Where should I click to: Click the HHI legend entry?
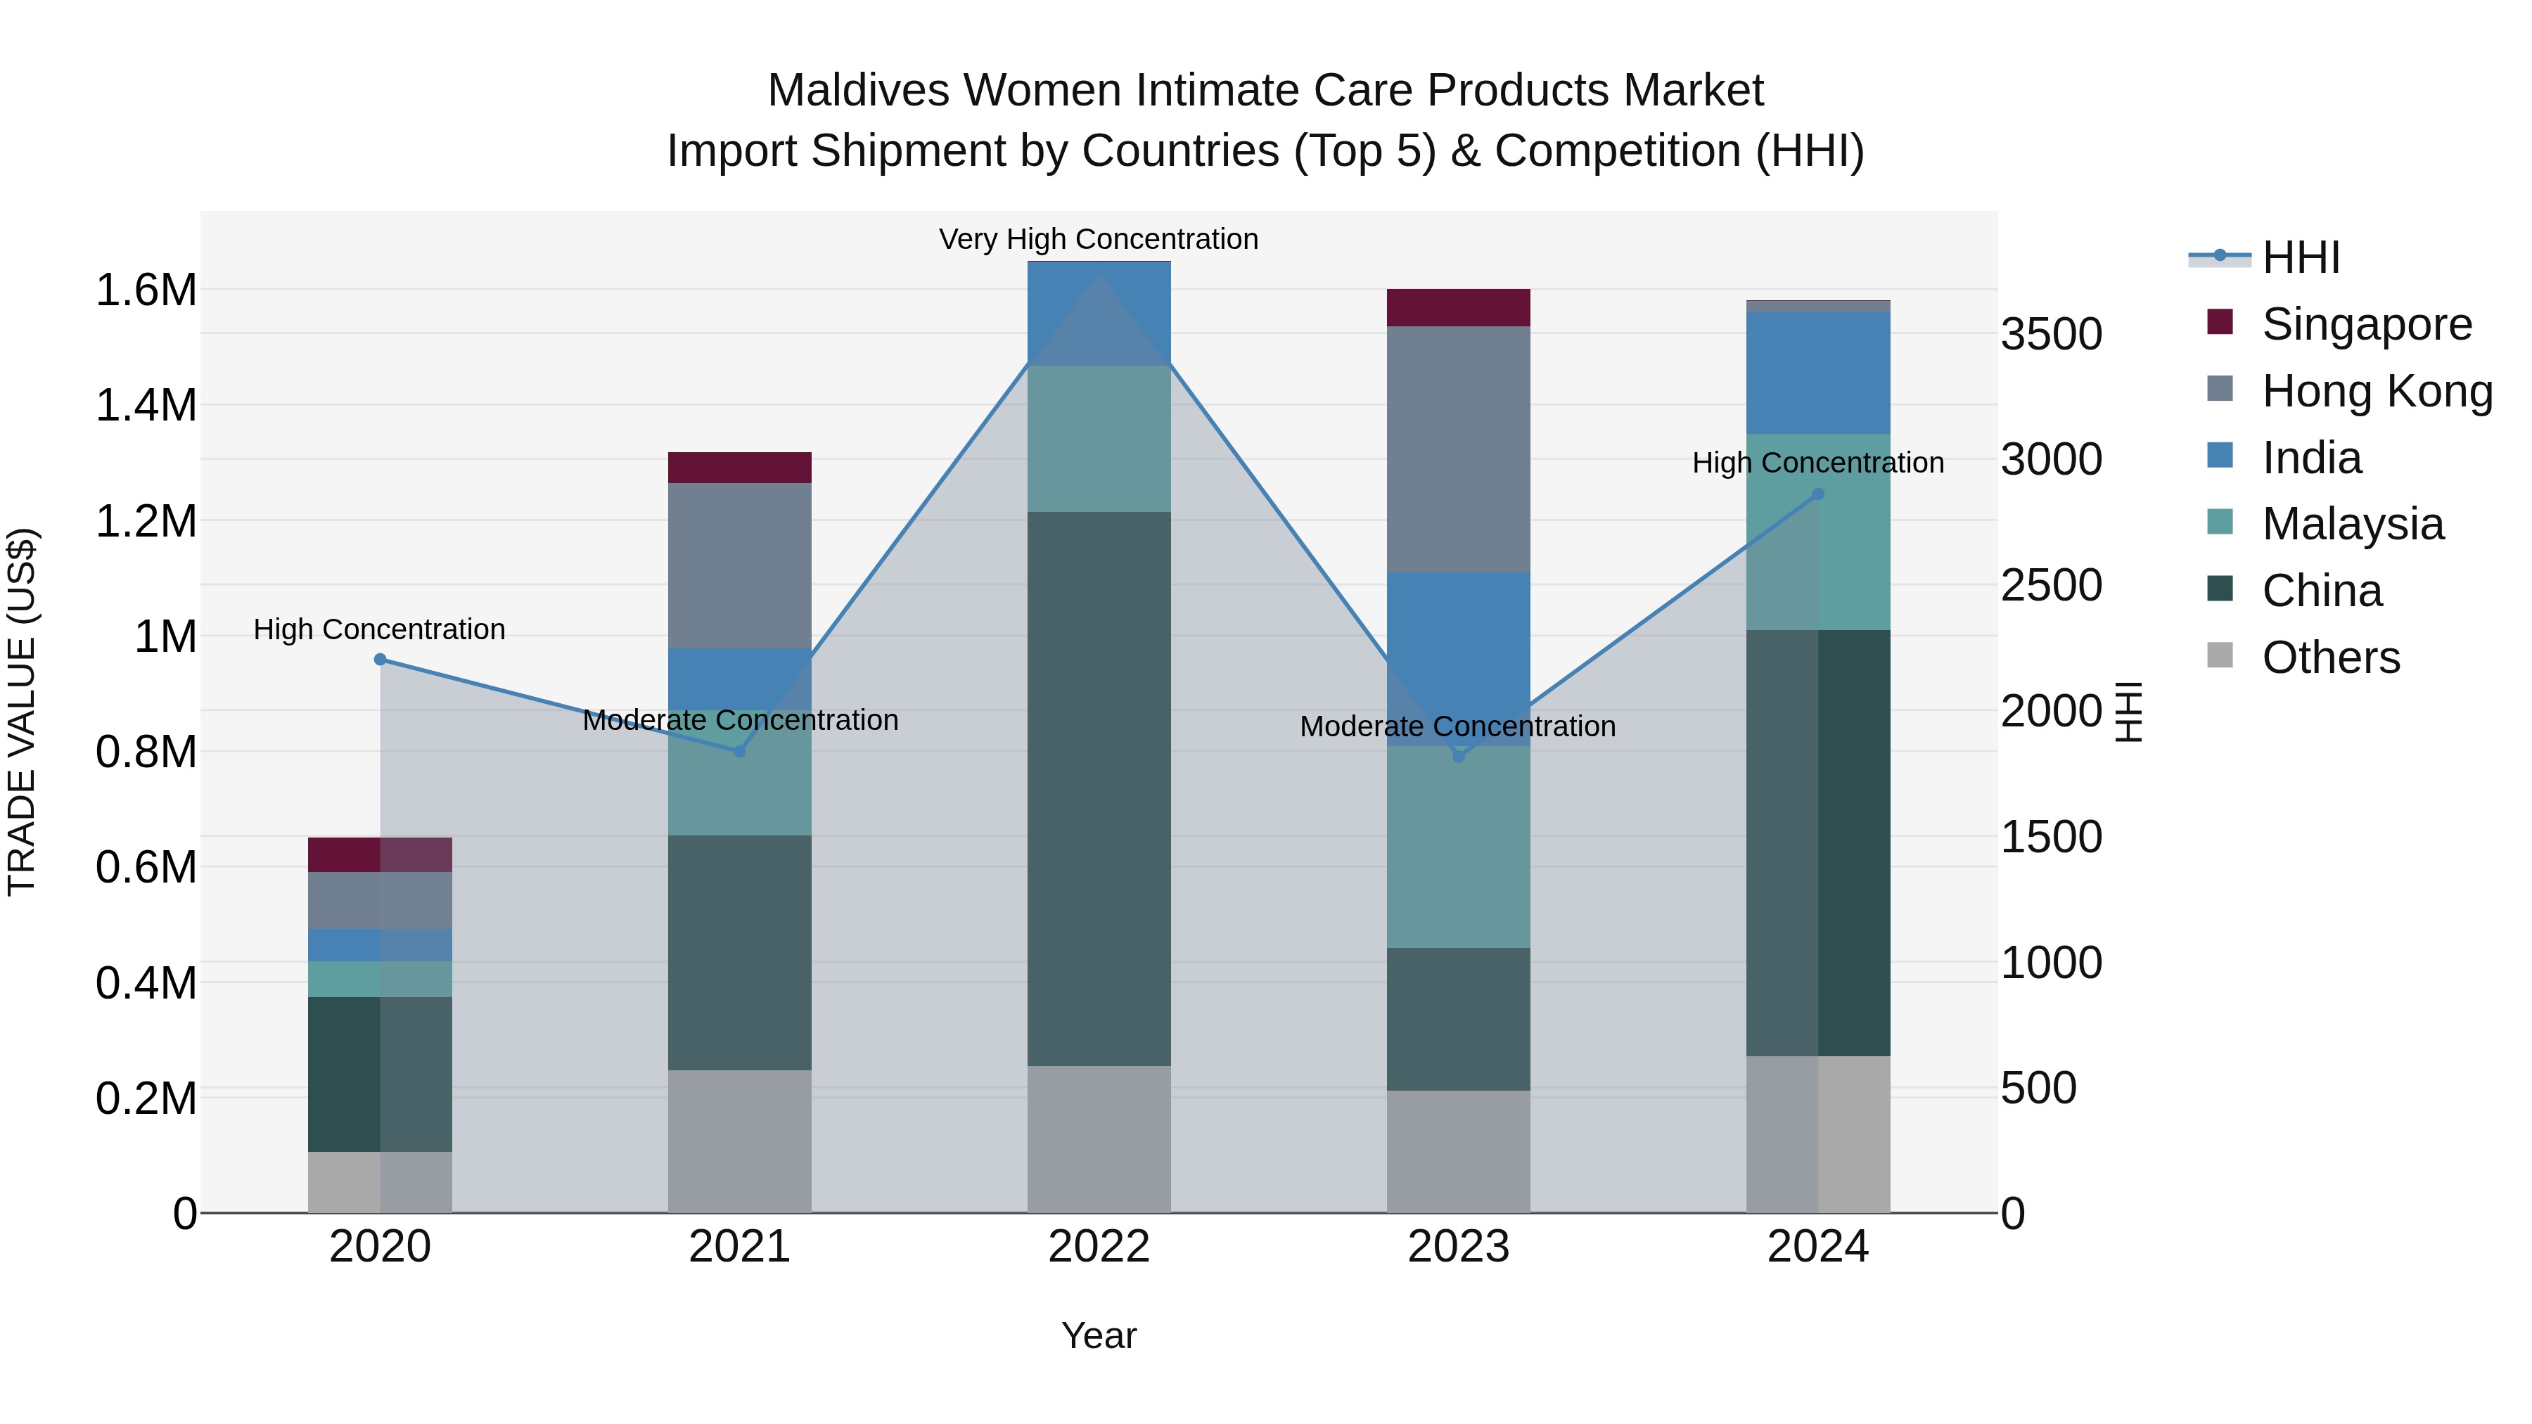2300,257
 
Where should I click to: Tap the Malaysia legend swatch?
2220,522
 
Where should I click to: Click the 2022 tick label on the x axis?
1099,1247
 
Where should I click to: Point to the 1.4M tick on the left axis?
146,405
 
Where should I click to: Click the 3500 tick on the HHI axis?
2052,334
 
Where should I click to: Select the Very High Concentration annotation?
1098,239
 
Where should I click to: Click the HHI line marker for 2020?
381,660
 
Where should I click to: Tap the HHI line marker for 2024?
1817,494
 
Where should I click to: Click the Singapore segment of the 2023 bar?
1458,307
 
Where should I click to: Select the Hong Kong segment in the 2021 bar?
739,565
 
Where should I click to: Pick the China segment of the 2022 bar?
1099,788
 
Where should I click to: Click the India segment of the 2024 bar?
1817,373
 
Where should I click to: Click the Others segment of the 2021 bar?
739,1141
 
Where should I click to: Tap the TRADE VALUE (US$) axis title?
22,712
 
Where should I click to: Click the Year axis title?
1099,1335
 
